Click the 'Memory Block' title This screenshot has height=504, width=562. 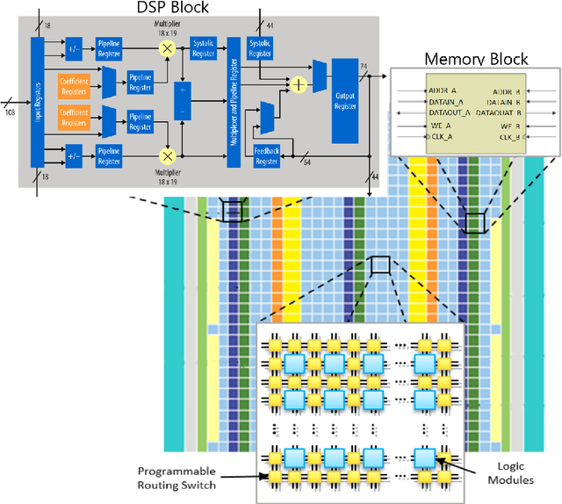(x=476, y=59)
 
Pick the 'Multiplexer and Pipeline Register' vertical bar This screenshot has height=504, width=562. (x=233, y=103)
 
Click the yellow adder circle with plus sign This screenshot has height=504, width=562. (x=299, y=85)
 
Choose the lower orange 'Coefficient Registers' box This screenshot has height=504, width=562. (x=74, y=115)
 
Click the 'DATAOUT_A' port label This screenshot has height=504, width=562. (x=450, y=113)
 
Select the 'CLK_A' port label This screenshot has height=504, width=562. (x=442, y=137)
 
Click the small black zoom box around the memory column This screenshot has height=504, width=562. (x=474, y=223)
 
